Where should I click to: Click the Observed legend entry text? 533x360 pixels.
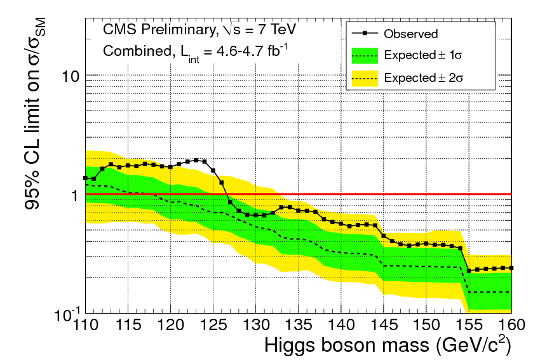411,34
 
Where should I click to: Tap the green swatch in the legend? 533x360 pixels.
363,55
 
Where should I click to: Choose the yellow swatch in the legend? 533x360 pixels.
363,77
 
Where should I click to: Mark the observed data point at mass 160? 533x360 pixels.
511,268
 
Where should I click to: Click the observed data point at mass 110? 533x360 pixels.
85,178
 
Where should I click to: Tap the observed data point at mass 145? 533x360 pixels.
384,236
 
